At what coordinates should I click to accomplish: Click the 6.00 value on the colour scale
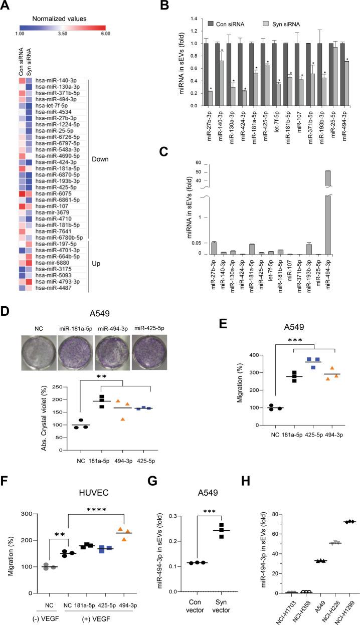tap(104, 34)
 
